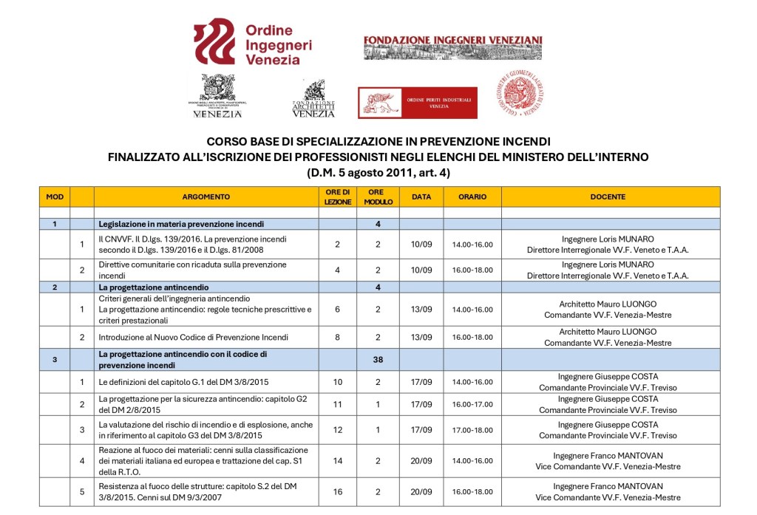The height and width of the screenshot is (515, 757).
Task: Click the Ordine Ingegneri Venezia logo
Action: pos(253,42)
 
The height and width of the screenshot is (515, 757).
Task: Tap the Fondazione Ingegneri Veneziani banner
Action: pos(452,47)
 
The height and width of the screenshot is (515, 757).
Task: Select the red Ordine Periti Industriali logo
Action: pos(418,102)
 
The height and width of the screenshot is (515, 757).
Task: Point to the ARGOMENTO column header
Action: pos(206,197)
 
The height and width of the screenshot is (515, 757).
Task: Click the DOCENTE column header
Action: pos(608,197)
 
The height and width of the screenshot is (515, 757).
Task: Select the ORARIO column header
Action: pos(472,197)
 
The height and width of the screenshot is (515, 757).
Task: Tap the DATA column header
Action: pos(421,197)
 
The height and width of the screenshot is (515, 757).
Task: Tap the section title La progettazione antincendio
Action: pos(155,287)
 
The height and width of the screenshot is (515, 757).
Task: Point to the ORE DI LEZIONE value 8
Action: pos(337,338)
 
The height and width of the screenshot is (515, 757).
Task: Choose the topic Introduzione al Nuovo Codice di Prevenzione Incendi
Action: pos(194,338)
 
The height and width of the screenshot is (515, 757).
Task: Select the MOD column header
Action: pos(55,197)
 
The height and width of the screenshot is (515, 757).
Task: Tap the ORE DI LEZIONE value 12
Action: pos(337,430)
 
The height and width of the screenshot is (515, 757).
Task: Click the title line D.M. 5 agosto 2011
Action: pos(378,173)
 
